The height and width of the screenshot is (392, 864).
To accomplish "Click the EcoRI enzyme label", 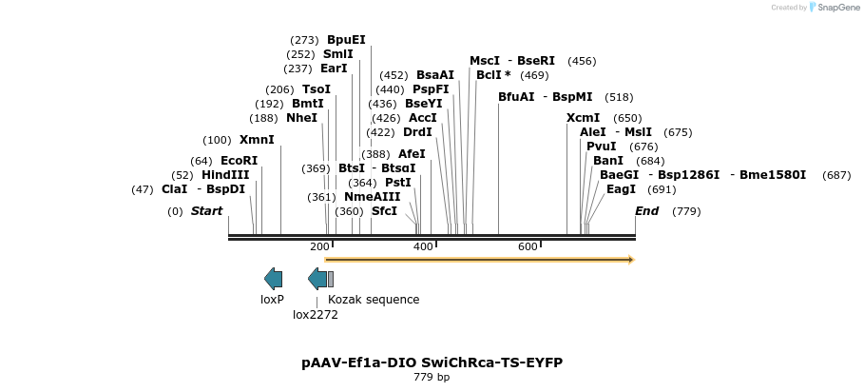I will pyautogui.click(x=239, y=161).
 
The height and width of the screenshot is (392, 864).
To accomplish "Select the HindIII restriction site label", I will pyautogui.click(x=225, y=175).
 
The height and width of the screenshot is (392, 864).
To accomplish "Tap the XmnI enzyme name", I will pyautogui.click(x=257, y=140).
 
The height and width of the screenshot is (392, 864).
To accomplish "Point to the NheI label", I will pyautogui.click(x=301, y=118).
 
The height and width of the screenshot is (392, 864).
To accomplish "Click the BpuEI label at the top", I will pyautogui.click(x=346, y=40).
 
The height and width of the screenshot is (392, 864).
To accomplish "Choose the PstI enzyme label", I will pyautogui.click(x=397, y=182).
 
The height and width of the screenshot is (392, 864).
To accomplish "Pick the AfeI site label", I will pyautogui.click(x=412, y=153).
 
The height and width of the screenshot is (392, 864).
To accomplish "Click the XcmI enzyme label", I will pyautogui.click(x=583, y=118).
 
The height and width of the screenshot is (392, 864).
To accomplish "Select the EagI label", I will pyautogui.click(x=621, y=189).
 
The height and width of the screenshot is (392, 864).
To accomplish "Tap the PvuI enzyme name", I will pyautogui.click(x=601, y=147).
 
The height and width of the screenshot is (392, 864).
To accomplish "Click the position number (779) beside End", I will pyautogui.click(x=686, y=211).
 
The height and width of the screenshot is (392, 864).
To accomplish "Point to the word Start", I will pyautogui.click(x=206, y=211).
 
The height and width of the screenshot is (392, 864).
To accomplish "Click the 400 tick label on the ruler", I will pyautogui.click(x=423, y=247).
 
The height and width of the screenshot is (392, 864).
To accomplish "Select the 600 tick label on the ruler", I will pyautogui.click(x=528, y=247).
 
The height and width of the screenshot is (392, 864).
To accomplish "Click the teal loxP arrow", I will pyautogui.click(x=273, y=279).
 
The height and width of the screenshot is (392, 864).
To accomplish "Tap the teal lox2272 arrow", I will pyautogui.click(x=317, y=279).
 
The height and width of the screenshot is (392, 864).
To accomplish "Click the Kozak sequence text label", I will pyautogui.click(x=374, y=300).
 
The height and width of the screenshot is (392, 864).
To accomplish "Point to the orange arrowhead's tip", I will pyautogui.click(x=633, y=260).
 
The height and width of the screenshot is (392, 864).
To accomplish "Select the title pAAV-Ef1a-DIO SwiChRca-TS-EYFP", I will pyautogui.click(x=432, y=363).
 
